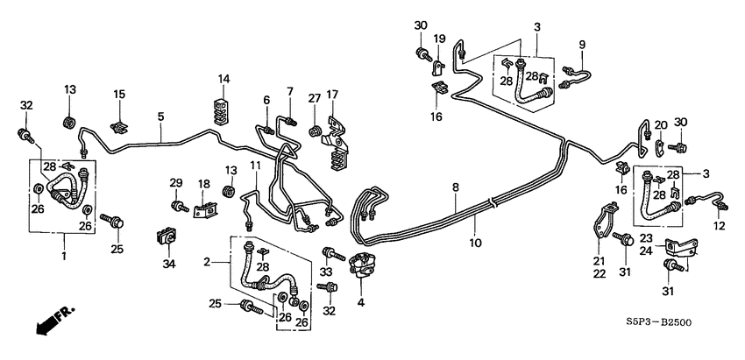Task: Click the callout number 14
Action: click(224, 80)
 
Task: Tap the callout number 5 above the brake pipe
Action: click(160, 116)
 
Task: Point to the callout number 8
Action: click(456, 187)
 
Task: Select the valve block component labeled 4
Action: click(363, 264)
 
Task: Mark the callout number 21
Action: click(600, 261)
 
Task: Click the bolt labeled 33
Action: click(332, 255)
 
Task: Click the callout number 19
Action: click(440, 39)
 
